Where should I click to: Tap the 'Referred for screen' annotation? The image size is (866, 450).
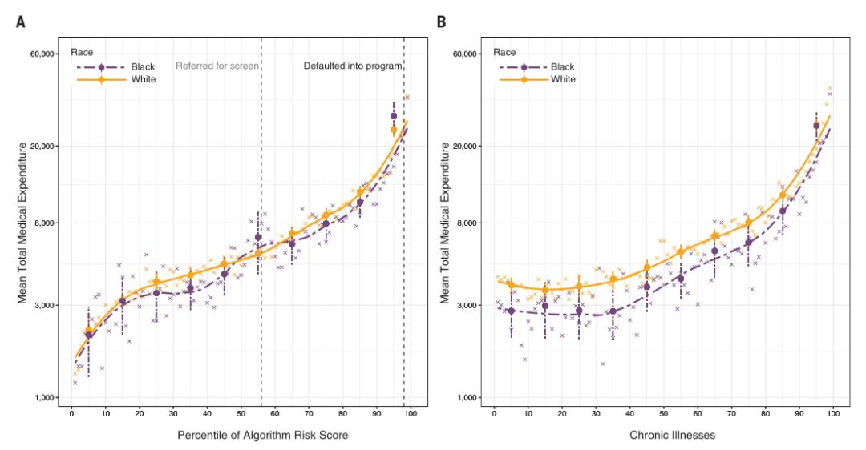pyautogui.click(x=216, y=66)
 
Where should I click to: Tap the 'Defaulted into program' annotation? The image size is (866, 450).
pyautogui.click(x=352, y=66)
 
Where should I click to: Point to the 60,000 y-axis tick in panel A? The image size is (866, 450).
pyautogui.click(x=40, y=54)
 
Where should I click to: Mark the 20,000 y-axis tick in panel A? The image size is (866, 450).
pyautogui.click(x=40, y=147)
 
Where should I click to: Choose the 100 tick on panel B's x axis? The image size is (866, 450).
pyautogui.click(x=833, y=414)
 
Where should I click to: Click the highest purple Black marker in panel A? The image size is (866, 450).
pyautogui.click(x=394, y=116)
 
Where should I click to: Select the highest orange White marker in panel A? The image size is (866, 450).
pyautogui.click(x=394, y=130)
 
